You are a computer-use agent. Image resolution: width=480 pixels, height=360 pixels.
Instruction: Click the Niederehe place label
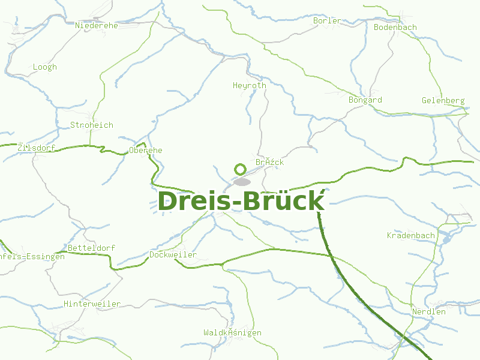point(97,25)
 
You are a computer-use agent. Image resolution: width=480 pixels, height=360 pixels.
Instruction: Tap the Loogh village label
point(45,67)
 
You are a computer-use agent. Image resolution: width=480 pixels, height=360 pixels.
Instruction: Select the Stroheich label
point(92,125)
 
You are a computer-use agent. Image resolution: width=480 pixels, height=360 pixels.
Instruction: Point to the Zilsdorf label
point(36,148)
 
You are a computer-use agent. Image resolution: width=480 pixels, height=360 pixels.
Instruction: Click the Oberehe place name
point(146,150)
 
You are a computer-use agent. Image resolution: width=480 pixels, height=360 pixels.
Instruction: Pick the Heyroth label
point(250,85)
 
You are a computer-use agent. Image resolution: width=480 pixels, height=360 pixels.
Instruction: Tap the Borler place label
point(327,20)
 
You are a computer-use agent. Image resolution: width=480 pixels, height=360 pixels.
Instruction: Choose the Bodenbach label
point(395,27)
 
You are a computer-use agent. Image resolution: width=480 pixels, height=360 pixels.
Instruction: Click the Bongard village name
point(365,100)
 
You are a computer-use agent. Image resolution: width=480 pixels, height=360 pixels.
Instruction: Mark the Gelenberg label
point(443,100)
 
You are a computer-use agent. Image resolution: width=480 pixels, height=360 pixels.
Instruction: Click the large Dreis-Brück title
point(241,201)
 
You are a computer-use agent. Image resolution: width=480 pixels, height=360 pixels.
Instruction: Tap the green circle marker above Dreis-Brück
point(241,169)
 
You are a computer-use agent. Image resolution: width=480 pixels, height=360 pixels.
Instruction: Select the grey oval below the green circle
point(242,181)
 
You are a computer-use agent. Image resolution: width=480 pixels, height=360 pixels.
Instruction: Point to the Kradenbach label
point(411,235)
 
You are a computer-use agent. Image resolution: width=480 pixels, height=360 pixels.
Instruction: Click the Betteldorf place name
point(92,247)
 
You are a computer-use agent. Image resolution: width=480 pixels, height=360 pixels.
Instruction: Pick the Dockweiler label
point(173,254)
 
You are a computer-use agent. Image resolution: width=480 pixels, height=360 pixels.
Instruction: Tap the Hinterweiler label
point(92,304)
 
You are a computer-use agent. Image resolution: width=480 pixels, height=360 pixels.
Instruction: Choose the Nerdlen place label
point(429,311)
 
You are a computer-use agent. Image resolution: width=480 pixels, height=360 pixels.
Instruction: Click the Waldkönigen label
point(232,332)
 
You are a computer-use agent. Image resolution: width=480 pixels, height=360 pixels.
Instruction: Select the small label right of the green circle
point(270,162)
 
